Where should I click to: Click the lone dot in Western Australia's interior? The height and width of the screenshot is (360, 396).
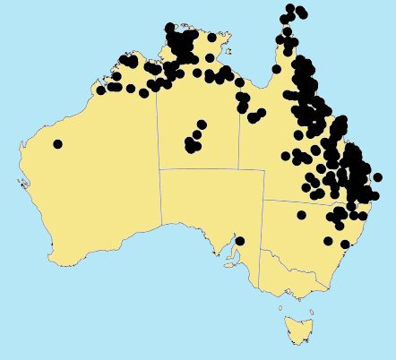coord(58,143)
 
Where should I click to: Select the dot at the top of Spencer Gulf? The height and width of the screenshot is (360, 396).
coord(239,241)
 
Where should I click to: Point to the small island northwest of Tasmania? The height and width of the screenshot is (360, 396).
coord(281,307)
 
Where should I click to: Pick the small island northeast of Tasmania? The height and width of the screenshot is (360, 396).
coord(308,307)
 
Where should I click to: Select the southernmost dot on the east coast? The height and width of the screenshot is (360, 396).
coord(345,244)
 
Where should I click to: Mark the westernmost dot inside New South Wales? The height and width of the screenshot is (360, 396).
coord(301,214)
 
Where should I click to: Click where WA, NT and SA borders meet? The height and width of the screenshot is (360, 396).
coord(159,167)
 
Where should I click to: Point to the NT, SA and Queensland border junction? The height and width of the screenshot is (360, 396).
coord(239,167)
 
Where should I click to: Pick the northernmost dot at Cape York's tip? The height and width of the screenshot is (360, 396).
coord(290,8)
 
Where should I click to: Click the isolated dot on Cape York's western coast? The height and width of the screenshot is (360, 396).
coord(277,68)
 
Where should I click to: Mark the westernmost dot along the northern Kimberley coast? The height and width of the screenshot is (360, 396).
coord(101,90)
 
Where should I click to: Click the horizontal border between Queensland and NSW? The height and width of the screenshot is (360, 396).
coord(296,201)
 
